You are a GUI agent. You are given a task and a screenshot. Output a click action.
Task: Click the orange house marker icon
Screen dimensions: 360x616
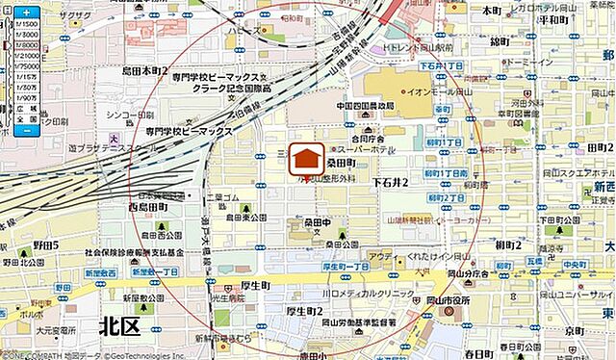point(307,160)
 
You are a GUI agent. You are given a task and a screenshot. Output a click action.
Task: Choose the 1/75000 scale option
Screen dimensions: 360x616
point(27,66)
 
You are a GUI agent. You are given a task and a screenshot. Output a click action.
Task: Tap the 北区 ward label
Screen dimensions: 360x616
point(119,327)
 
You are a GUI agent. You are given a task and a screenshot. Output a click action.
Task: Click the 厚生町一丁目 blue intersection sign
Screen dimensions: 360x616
point(346,266)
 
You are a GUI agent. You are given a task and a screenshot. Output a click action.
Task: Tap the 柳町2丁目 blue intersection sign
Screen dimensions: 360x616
point(445,197)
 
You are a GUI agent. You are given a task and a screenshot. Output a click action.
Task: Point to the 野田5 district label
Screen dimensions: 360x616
point(43,245)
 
